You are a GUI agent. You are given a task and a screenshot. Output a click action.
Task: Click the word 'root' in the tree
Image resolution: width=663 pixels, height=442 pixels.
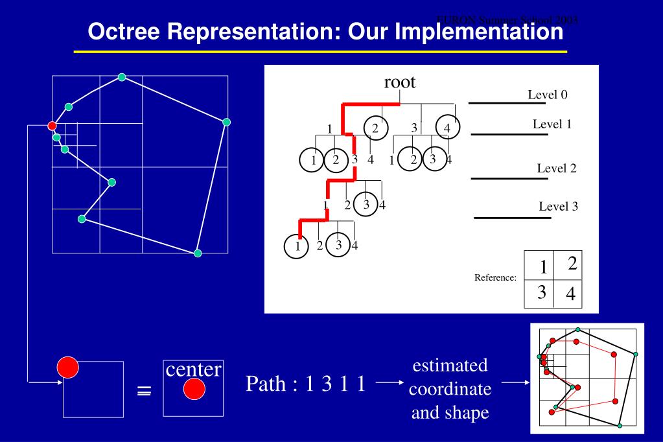pyautogui.click(x=399, y=82)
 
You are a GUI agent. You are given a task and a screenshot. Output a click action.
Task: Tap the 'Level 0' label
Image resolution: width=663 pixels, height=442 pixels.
pyautogui.click(x=548, y=95)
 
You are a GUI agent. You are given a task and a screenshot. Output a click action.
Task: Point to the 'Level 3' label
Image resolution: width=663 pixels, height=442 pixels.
pyautogui.click(x=557, y=207)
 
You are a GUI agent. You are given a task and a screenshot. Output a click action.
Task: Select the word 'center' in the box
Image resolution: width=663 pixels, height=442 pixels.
pyautogui.click(x=194, y=369)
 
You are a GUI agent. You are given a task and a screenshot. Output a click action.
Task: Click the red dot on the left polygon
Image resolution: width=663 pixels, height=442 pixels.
pyautogui.click(x=52, y=125)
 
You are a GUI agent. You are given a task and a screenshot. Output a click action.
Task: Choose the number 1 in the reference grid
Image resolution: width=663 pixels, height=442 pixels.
pyautogui.click(x=538, y=266)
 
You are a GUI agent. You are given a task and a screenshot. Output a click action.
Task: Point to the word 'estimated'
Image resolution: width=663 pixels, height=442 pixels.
pyautogui.click(x=449, y=366)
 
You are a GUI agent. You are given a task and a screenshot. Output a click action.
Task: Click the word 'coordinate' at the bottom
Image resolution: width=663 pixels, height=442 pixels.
pyautogui.click(x=450, y=390)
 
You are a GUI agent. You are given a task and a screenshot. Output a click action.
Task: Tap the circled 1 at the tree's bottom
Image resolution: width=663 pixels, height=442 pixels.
pyautogui.click(x=297, y=246)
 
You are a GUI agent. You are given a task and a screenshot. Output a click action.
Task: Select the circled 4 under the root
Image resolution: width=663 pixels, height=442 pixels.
pyautogui.click(x=447, y=127)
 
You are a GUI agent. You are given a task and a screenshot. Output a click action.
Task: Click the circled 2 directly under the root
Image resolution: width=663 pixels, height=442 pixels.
pyautogui.click(x=375, y=127)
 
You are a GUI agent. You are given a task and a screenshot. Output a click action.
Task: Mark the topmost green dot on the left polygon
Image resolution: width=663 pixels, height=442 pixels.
pyautogui.click(x=122, y=78)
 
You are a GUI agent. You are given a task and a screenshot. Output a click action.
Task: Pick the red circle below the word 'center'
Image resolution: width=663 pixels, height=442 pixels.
pyautogui.click(x=194, y=390)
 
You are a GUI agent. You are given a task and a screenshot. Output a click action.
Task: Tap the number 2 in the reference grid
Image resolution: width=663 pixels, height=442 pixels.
pyautogui.click(x=571, y=263)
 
